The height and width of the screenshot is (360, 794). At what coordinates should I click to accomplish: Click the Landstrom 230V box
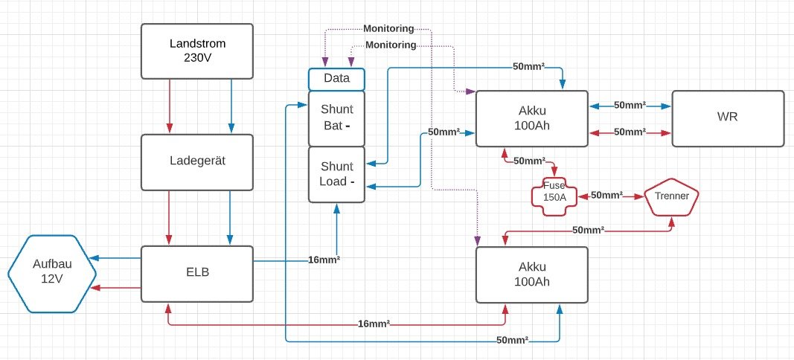point(197,51)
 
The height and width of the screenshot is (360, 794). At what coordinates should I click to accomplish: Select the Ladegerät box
point(197,161)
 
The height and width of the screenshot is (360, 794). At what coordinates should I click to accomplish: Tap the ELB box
point(197,272)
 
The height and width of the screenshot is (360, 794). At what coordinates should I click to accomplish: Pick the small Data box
point(336,78)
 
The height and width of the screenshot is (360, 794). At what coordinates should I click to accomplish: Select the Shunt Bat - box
point(336,118)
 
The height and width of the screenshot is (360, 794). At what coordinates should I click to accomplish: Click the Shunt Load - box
point(336,174)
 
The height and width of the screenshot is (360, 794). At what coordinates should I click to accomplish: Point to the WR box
point(727,118)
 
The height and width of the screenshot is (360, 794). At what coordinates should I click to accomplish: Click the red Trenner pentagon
point(671,196)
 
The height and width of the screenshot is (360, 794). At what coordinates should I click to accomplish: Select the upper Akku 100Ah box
point(531,118)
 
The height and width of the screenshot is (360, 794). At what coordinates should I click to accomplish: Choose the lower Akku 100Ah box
point(531,274)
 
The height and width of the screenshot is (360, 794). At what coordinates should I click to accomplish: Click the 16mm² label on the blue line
point(324,260)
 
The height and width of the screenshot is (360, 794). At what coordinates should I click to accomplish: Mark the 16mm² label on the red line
point(374,324)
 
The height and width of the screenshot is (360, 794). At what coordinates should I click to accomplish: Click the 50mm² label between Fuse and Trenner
point(606,195)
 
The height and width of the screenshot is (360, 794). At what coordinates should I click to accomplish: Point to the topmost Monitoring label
point(388,28)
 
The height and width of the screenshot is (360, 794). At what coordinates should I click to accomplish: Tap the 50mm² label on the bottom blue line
point(513,340)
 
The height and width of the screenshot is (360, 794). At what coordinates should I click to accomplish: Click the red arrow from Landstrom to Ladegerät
point(170,106)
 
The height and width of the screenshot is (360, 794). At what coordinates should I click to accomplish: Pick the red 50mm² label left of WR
point(630,132)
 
